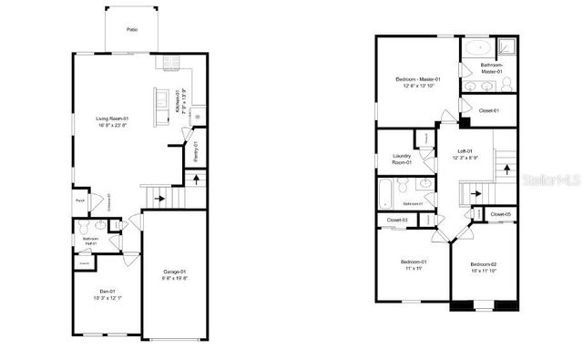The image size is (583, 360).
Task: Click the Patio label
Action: pyautogui.click(x=132, y=30)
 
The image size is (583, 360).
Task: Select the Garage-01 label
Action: pyautogui.click(x=175, y=272)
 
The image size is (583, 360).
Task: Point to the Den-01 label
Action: pyautogui.click(x=107, y=291)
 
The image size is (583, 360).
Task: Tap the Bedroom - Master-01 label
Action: pyautogui.click(x=417, y=80)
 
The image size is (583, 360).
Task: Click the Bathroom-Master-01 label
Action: pyautogui.click(x=493, y=68)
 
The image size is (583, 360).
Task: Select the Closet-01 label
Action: pyautogui.click(x=488, y=110)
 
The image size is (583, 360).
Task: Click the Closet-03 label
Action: pyautogui.click(x=396, y=221)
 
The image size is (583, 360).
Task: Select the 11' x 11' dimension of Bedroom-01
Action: pyautogui.click(x=414, y=269)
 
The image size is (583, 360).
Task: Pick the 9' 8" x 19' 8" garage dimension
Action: pyautogui.click(x=175, y=279)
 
